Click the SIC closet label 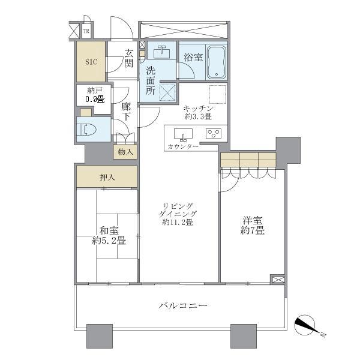[x=91, y=62]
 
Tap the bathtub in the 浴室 [x=217, y=62]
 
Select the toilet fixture [x=87, y=130]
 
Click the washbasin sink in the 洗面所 [x=162, y=50]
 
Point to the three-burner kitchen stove [x=214, y=133]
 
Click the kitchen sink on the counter [x=183, y=134]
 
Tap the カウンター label [x=183, y=146]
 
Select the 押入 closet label [x=107, y=177]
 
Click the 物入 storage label [x=125, y=152]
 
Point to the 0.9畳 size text [x=95, y=99]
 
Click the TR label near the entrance [x=86, y=31]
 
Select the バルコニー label [x=183, y=305]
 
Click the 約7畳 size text [x=253, y=230]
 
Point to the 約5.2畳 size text [x=109, y=241]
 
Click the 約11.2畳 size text [x=178, y=222]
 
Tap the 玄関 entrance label [x=128, y=59]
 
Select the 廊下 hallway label [x=126, y=112]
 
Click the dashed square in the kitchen [x=217, y=94]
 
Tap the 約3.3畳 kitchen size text [x=198, y=116]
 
